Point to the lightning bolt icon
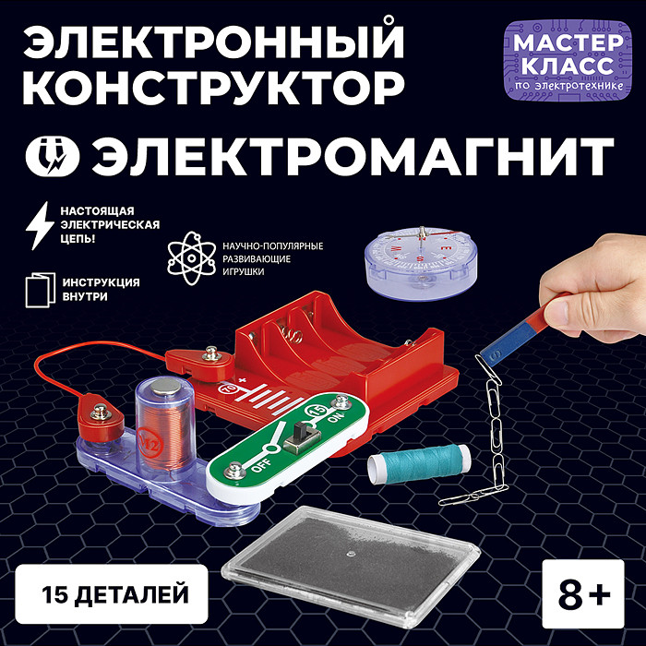[39, 222]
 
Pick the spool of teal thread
[413, 461]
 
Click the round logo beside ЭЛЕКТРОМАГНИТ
[55, 152]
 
